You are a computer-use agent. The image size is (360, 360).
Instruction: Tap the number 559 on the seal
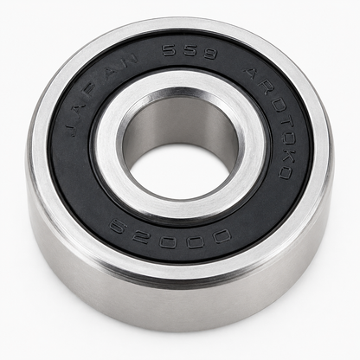point(190,52)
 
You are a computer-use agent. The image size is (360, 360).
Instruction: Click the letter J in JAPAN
point(73,128)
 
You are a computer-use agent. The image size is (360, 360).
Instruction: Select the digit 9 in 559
point(209,55)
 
